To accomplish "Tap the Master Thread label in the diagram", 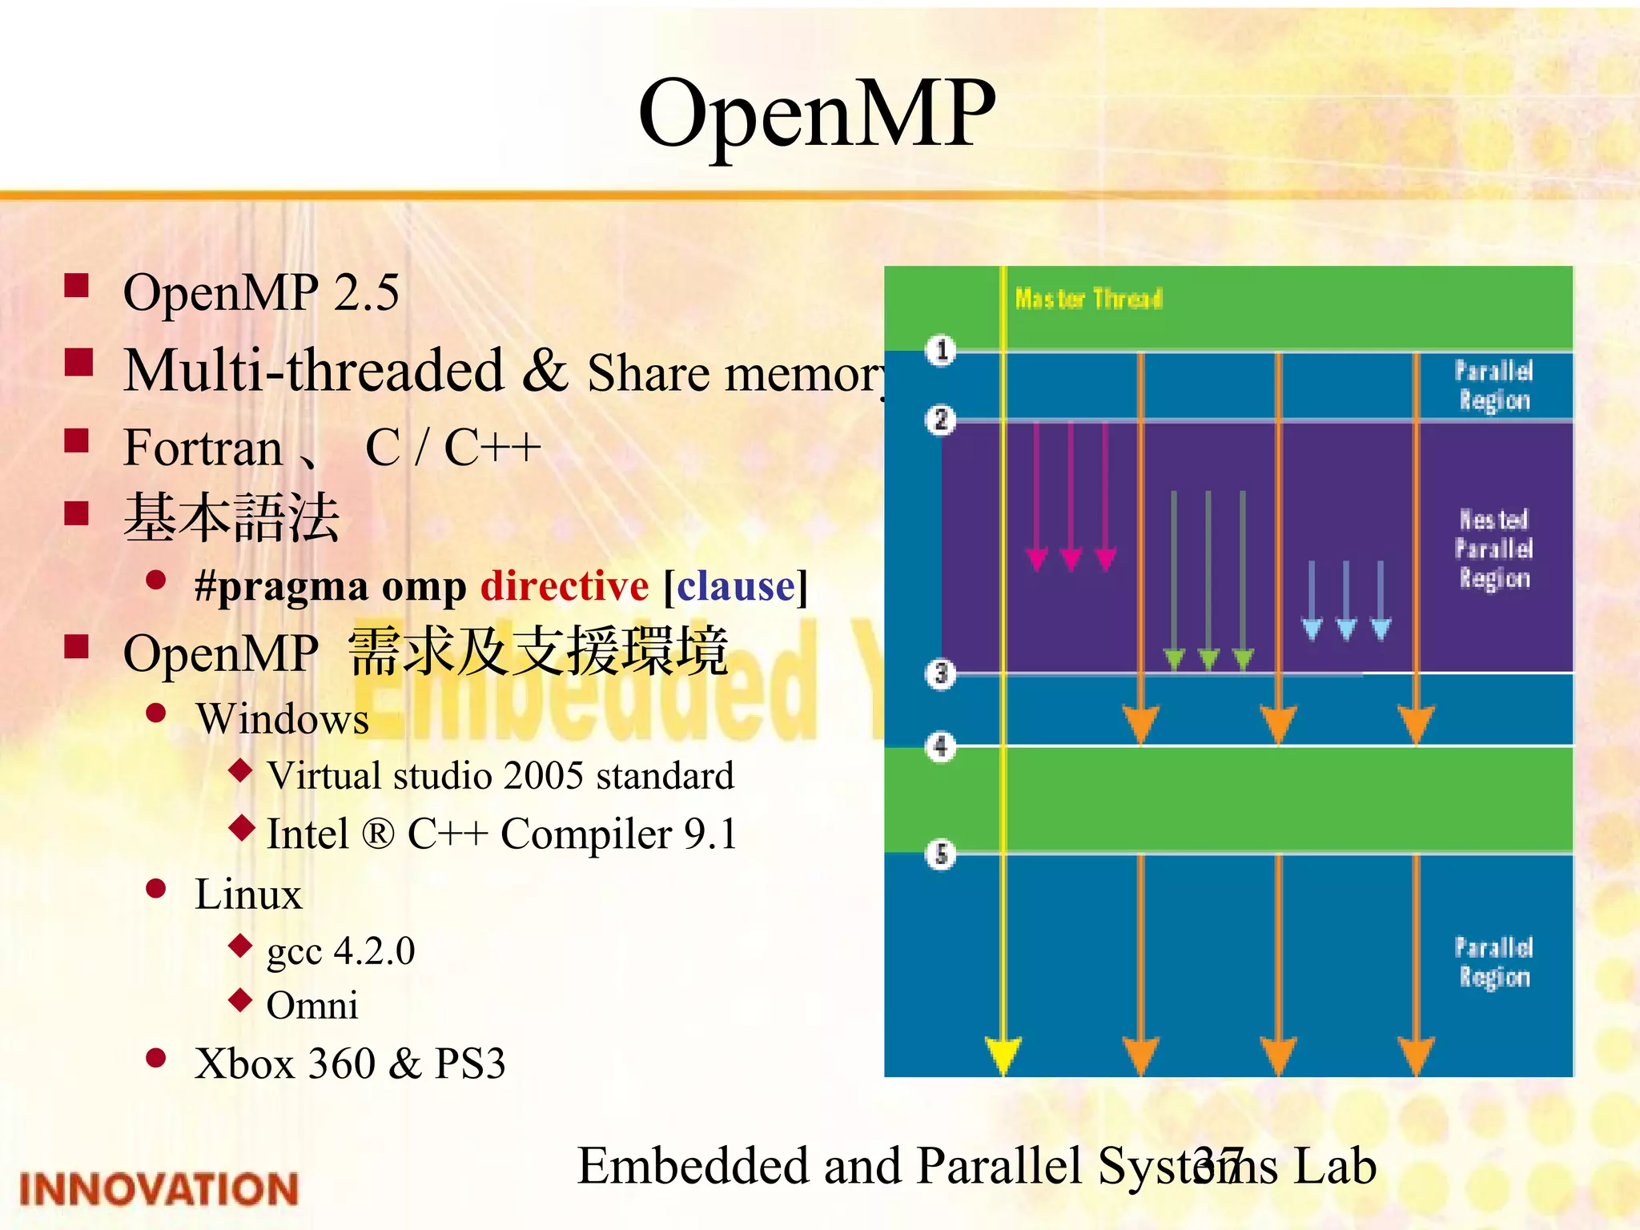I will coord(1088,299).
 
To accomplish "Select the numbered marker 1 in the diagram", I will coord(942,350).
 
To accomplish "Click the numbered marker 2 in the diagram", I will coord(941,420).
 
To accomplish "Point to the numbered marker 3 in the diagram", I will coord(941,674).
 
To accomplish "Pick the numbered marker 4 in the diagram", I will coord(941,746).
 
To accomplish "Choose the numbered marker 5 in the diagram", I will coord(941,854).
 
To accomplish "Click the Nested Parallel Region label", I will coord(1493,549).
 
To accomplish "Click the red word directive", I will coord(565,586).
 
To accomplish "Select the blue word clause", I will coord(736,586).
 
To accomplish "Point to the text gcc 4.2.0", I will coord(340,951).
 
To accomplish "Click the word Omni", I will coord(312,1006).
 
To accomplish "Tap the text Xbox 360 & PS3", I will coord(350,1064).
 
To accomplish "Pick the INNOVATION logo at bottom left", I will coord(159,1189).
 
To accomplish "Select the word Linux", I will coord(248,894).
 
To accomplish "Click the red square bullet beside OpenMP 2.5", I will coord(77,286).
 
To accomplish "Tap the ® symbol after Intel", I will coord(378,834).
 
